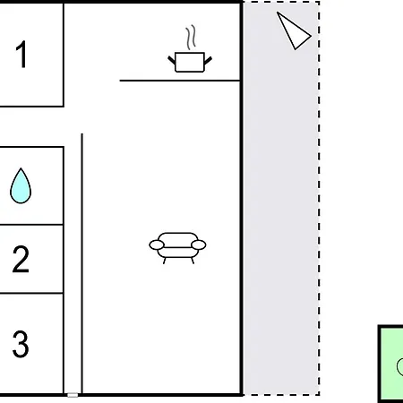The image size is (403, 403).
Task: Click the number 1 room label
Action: coord(21,54)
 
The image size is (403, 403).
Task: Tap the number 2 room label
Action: coord(21,259)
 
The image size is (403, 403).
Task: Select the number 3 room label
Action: coord(21,344)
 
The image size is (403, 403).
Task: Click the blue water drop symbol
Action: coord(21,185)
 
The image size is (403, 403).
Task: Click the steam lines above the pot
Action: coord(191,38)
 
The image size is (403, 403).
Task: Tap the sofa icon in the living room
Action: coord(177,248)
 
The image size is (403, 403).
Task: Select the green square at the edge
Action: coord(390,364)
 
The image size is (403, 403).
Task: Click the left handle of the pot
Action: coord(171,60)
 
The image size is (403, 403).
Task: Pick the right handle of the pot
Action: coord(209,60)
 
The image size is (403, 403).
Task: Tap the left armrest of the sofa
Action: coord(157,245)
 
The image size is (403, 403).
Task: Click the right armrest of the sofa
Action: coord(199,245)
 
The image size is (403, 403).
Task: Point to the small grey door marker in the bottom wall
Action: coord(73,395)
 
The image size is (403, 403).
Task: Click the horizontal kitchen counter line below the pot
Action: coord(180,81)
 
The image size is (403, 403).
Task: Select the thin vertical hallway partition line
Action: coord(82,263)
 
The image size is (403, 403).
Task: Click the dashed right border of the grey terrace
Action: coord(319,198)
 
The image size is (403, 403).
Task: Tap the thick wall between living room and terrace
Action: coord(241,198)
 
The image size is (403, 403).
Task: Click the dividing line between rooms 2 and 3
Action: coord(31,294)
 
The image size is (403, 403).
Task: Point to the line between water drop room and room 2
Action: coord(31,225)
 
